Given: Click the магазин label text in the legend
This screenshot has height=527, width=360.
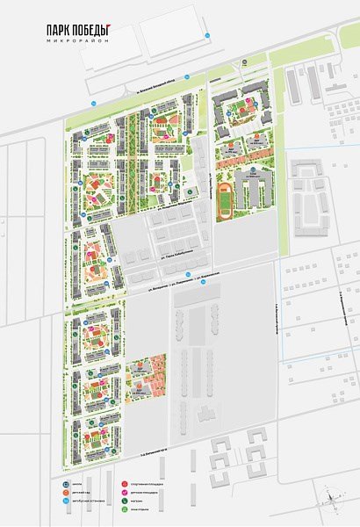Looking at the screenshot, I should pos(135,502).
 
